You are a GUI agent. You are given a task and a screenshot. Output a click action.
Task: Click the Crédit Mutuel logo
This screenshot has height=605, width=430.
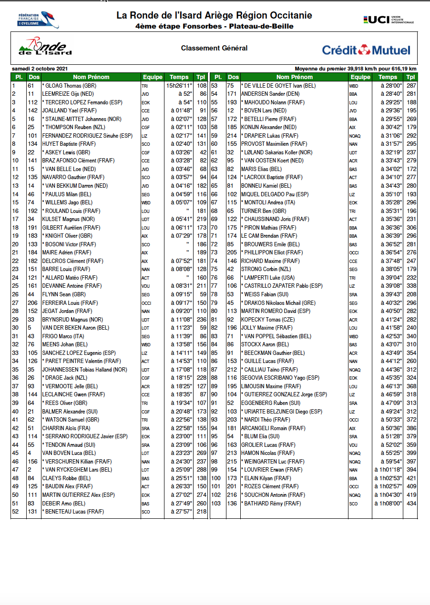pos(366,50)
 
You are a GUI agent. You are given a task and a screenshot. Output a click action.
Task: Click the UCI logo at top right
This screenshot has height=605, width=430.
pos(389,20)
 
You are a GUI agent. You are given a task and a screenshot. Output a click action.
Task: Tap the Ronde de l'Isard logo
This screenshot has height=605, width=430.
pos(45,48)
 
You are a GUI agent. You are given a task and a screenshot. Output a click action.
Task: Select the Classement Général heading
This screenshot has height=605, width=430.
pos(214,48)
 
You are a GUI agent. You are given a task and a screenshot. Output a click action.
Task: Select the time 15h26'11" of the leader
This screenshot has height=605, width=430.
pos(179,86)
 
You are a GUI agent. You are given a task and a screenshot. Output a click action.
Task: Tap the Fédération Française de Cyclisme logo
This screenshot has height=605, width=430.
pos(34,20)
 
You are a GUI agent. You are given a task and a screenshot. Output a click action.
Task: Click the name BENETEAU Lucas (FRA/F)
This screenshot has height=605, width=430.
pos(71,512)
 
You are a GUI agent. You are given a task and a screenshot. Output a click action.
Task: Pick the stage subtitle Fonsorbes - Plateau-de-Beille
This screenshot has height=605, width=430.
pos(214,26)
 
